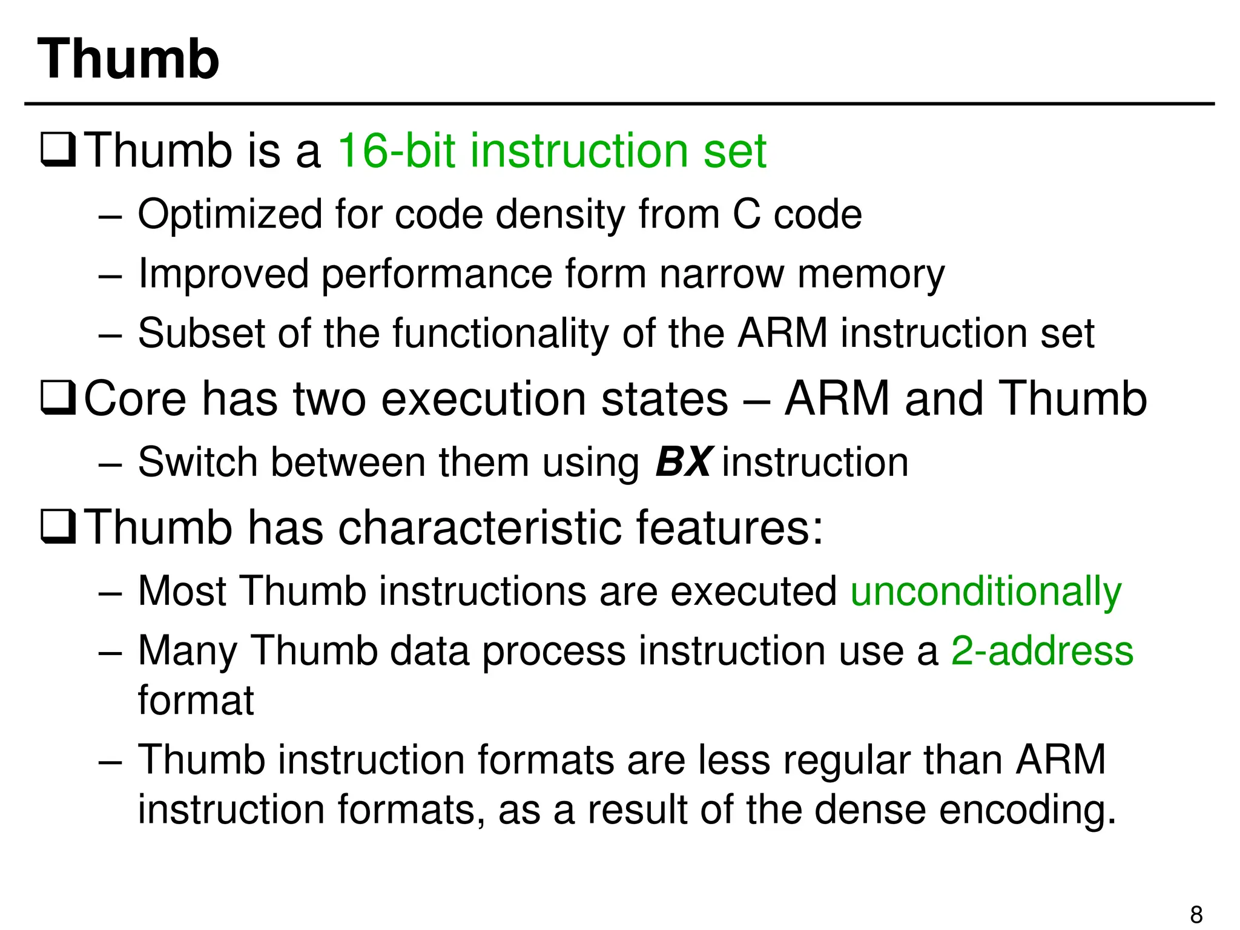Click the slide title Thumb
(128, 59)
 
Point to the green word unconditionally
(986, 591)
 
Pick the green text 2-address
(1042, 651)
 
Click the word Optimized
(230, 214)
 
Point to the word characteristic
(479, 527)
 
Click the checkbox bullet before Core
(58, 398)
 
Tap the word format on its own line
(196, 701)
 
